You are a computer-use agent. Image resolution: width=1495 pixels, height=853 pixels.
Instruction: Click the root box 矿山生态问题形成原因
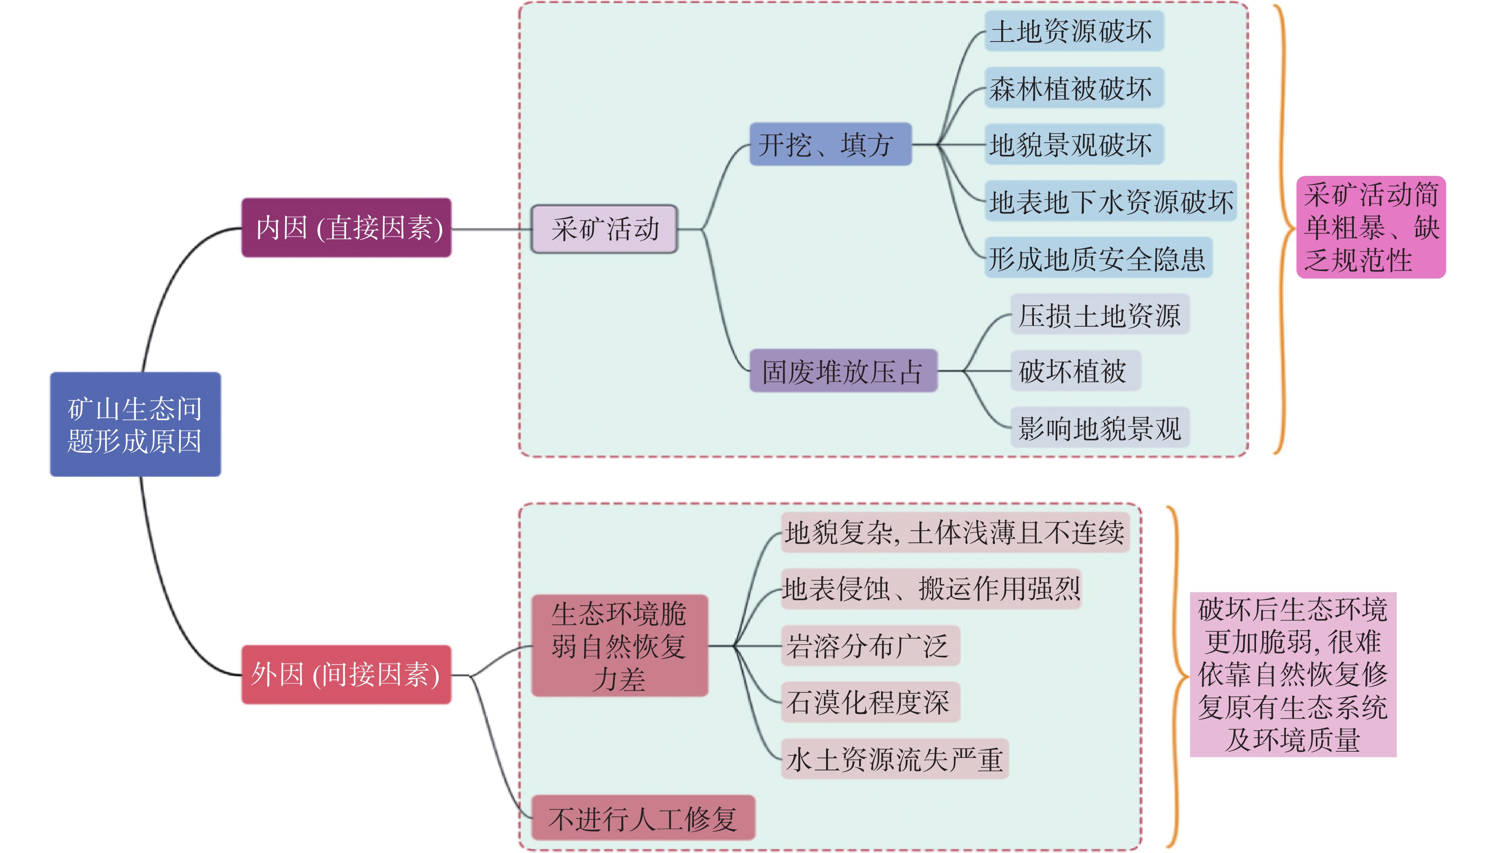click(135, 424)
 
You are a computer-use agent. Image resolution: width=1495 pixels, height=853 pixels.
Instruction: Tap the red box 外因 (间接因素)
click(346, 674)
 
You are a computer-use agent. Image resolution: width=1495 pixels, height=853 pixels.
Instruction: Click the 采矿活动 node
click(605, 229)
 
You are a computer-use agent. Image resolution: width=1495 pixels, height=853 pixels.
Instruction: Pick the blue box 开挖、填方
click(830, 144)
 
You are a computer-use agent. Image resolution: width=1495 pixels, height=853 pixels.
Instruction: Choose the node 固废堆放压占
click(843, 371)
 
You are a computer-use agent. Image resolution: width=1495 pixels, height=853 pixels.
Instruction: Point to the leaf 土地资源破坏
click(1074, 31)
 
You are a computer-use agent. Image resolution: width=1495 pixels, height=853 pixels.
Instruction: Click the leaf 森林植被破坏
click(1074, 88)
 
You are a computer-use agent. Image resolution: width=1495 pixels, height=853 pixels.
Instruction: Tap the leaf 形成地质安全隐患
click(1097, 258)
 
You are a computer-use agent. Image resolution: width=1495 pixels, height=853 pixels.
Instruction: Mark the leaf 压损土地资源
click(1099, 315)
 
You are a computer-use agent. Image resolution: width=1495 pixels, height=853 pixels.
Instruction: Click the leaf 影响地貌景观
click(1099, 428)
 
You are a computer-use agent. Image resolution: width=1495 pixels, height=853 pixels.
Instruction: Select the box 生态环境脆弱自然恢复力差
click(619, 645)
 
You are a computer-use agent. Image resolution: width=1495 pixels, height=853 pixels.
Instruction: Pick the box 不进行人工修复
click(643, 818)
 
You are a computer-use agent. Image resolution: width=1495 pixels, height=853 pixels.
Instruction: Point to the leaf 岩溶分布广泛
click(870, 645)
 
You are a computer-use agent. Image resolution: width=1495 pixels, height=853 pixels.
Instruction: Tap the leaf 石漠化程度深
click(870, 702)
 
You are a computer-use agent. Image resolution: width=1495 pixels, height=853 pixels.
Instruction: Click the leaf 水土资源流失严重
click(894, 759)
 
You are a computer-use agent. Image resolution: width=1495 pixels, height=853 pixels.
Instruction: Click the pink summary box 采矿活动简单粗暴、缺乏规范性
click(1371, 227)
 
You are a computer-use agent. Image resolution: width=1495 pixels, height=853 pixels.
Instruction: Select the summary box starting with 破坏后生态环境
click(1293, 674)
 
